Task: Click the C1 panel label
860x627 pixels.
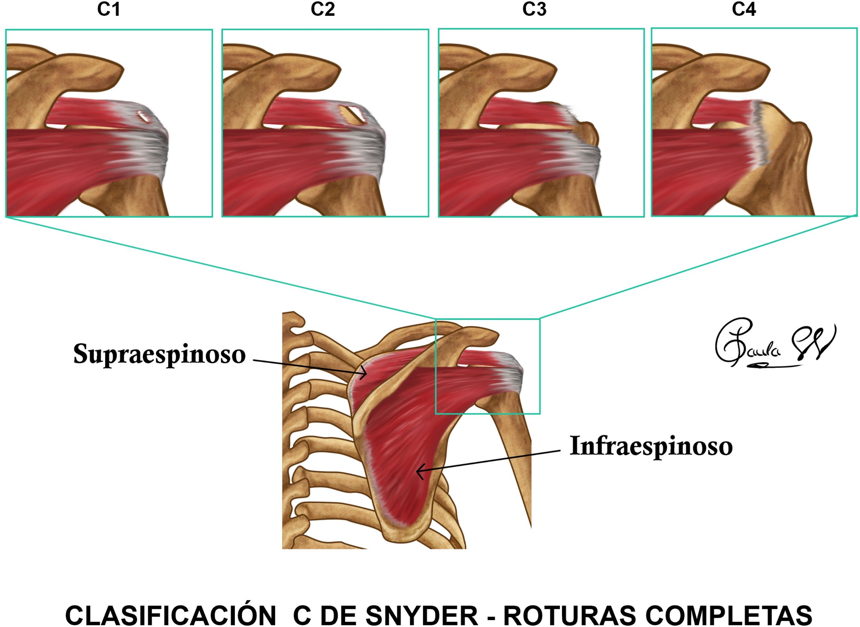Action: tap(109, 10)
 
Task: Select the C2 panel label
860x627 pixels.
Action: tap(323, 10)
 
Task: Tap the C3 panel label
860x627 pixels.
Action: tap(534, 10)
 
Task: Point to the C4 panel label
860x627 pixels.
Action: tap(744, 10)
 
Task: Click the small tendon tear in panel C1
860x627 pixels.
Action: tap(143, 116)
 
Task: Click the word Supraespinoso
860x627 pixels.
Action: tap(159, 355)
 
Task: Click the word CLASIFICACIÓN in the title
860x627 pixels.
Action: tap(171, 614)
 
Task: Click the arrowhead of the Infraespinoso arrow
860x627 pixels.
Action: tap(418, 472)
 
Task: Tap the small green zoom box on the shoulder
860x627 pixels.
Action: tap(488, 367)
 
